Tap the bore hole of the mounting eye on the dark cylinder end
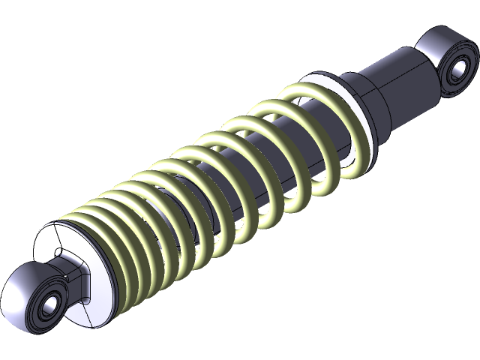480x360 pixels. coord(454,72)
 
